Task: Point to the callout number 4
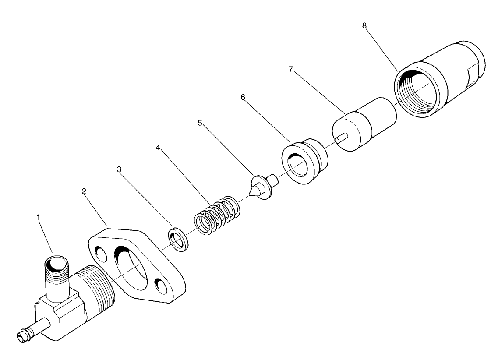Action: pos(158,148)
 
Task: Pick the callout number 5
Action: pos(200,123)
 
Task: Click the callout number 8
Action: pos(364,25)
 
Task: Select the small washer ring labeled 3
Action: pos(179,240)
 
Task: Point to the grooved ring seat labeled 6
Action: pos(304,161)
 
